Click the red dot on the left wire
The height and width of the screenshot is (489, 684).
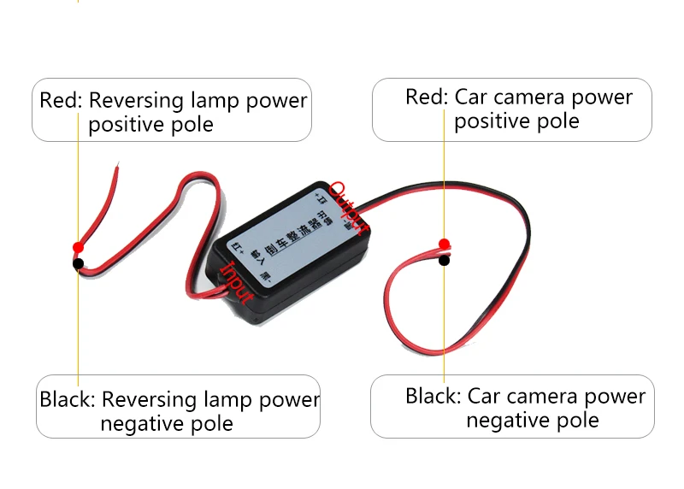click(x=78, y=247)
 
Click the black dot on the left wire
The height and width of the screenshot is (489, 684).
click(x=78, y=263)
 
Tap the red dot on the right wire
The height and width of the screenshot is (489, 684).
click(x=444, y=244)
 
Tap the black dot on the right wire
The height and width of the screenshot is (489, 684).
click(x=444, y=260)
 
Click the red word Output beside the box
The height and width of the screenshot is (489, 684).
click(x=350, y=206)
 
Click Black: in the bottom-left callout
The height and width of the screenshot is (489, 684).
click(x=68, y=399)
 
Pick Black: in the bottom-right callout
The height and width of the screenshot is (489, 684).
click(x=433, y=397)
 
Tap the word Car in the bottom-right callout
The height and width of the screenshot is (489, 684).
click(x=484, y=397)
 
